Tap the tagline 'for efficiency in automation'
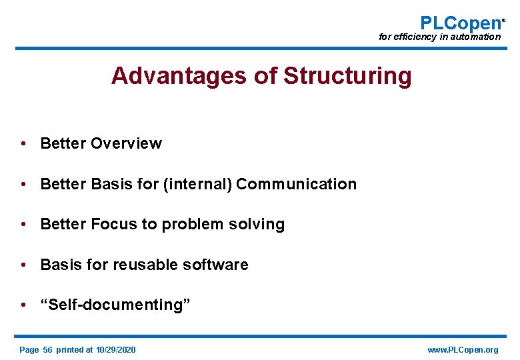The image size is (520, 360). [x=439, y=37]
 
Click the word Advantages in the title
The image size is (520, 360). [x=179, y=76]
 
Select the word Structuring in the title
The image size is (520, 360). [x=347, y=76]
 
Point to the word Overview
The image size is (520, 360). [x=126, y=143]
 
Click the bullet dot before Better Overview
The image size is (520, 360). [x=23, y=143]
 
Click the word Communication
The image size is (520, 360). [x=296, y=184]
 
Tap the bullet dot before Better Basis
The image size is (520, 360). [x=23, y=184]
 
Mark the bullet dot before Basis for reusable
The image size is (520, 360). [x=23, y=265]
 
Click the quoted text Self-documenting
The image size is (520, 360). [x=115, y=305]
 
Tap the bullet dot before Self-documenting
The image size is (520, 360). [x=23, y=305]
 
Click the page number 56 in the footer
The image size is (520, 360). [x=47, y=350]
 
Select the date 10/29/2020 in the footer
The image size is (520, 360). [x=115, y=350]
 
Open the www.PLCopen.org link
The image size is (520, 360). [x=463, y=350]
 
